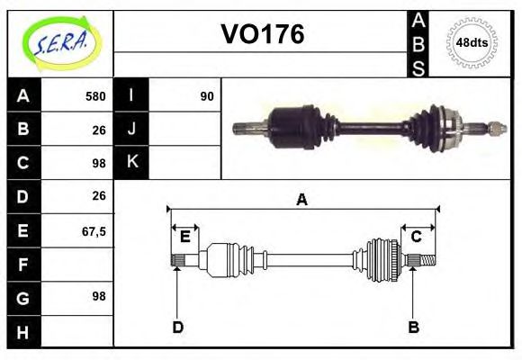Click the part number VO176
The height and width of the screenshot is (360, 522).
263,35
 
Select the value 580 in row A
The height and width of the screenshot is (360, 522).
95,96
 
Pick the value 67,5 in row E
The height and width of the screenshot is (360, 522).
94,231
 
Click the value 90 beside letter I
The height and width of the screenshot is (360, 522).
206,96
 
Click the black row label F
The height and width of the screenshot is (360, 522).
23,265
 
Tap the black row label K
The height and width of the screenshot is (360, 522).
132,162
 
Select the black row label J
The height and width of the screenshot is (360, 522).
132,129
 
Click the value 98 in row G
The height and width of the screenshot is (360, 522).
98,296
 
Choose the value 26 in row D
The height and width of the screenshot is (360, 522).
98,195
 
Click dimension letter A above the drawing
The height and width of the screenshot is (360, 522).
302,200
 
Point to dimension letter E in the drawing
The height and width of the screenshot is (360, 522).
184,238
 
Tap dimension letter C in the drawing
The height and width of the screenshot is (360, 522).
417,238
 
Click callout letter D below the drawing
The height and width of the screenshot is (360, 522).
177,327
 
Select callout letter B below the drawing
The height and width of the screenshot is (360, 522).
414,327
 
